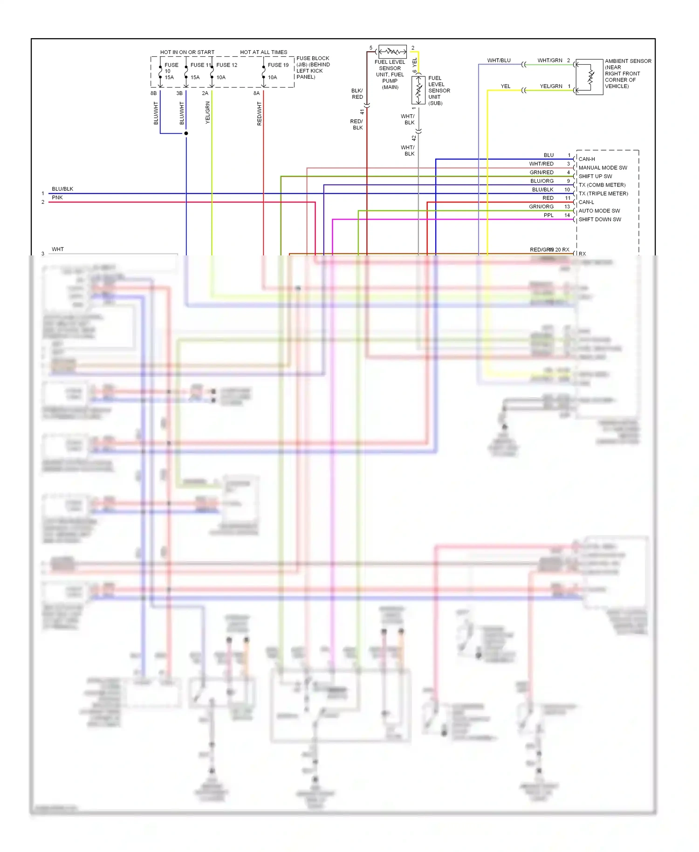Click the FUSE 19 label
[x=278, y=65]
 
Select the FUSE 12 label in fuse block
[x=226, y=65]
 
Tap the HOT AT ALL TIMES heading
[x=263, y=52]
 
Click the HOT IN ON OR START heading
[x=187, y=52]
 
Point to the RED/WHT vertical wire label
[x=260, y=114]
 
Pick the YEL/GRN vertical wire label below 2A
[x=208, y=112]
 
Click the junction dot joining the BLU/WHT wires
[x=186, y=133]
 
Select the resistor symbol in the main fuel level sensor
[x=392, y=51]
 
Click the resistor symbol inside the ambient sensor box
[x=591, y=77]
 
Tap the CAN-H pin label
[x=587, y=159]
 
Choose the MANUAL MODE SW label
[x=603, y=168]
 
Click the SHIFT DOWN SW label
[x=600, y=220]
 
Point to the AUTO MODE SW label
[x=599, y=211]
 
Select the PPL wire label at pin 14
[x=548, y=215]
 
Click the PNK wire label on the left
[x=57, y=198]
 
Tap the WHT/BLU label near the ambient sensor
[x=499, y=61]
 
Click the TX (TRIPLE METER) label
[x=603, y=193]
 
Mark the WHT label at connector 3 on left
[x=58, y=249]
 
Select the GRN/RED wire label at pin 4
[x=541, y=172]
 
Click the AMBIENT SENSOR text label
[x=628, y=61]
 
